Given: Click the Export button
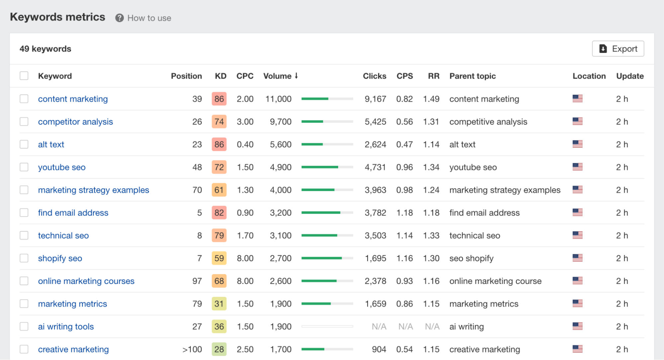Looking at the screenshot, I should (x=618, y=49).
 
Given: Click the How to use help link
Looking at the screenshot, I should (x=143, y=18).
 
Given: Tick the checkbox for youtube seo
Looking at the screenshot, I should (x=24, y=167).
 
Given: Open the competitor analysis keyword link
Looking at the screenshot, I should (x=75, y=122).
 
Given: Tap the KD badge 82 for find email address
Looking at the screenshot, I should (x=219, y=213).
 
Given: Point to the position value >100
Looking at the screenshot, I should (x=192, y=349).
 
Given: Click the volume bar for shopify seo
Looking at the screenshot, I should (x=327, y=258).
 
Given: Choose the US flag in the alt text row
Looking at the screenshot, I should (x=577, y=144).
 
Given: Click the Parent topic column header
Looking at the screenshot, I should (x=472, y=76).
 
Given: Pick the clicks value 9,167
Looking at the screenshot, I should (x=375, y=99).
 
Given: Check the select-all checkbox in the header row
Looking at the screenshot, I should (x=24, y=76).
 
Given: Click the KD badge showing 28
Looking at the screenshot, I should (x=219, y=349).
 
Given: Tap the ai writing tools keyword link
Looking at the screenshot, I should (x=66, y=327).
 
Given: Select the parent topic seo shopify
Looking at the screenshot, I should (x=471, y=258).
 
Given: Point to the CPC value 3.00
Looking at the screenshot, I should (x=245, y=122).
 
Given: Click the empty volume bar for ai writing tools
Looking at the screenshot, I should (x=327, y=327).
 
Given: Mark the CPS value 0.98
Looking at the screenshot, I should (x=404, y=190).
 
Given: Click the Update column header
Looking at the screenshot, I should (x=630, y=76).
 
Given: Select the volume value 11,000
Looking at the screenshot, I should (x=278, y=99).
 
